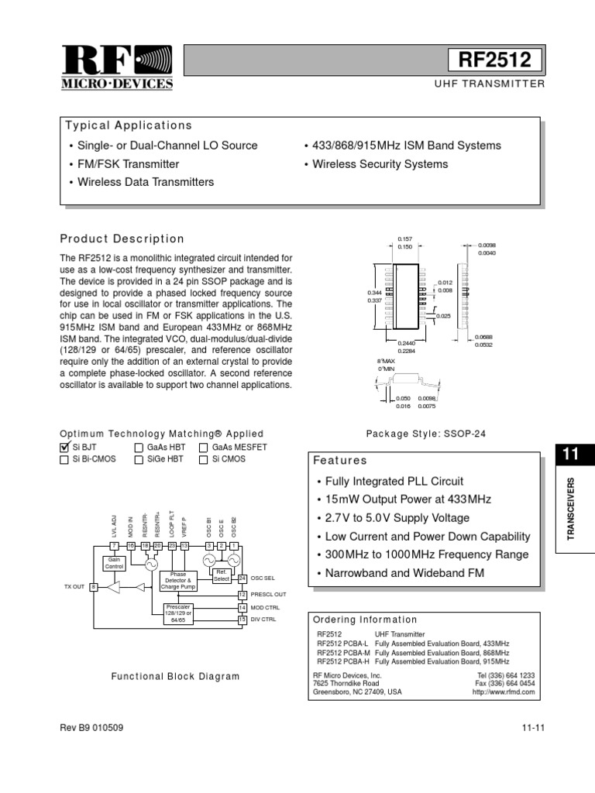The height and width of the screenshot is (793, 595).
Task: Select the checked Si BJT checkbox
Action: pyautogui.click(x=65, y=447)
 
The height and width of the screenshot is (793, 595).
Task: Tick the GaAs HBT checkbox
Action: pyautogui.click(x=139, y=447)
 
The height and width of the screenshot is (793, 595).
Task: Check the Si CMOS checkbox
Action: pyautogui.click(x=204, y=459)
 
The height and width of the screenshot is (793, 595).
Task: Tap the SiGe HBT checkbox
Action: pyautogui.click(x=139, y=459)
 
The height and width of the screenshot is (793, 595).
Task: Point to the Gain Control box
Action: pyautogui.click(x=114, y=563)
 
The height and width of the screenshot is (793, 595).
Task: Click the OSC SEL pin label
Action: pyautogui.click(x=263, y=578)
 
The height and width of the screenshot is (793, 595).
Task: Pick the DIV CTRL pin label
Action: pyautogui.click(x=264, y=620)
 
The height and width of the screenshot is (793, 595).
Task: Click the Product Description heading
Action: pyautogui.click(x=122, y=239)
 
